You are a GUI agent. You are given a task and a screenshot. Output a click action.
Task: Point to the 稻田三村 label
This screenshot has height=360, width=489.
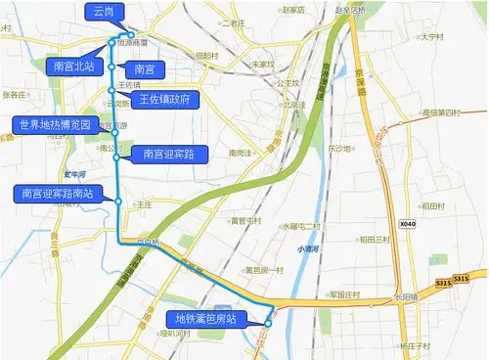coord(375,240)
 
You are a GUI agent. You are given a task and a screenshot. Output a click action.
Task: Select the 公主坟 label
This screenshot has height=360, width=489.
coord(287,83)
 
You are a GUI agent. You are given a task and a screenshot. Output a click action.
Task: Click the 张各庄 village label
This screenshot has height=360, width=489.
coord(16,95)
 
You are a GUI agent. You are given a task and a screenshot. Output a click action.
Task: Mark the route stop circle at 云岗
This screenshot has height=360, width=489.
coord(130,34)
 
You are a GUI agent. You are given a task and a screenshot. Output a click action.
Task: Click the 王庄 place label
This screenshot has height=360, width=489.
coord(144,203)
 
